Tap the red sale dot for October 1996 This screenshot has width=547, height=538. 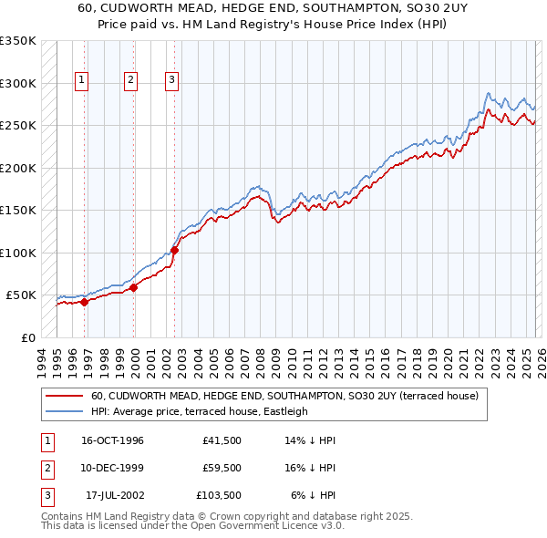[85, 302]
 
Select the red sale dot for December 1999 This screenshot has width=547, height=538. [134, 287]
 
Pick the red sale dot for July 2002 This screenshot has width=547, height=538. [174, 250]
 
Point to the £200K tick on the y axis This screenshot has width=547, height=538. [18, 168]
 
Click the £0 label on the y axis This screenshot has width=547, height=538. [27, 337]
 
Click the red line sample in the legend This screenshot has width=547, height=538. [65, 397]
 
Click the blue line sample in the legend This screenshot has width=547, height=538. [65, 411]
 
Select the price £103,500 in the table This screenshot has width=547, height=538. [219, 495]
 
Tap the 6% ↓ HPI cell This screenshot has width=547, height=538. [313, 495]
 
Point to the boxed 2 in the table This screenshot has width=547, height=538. [46, 468]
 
